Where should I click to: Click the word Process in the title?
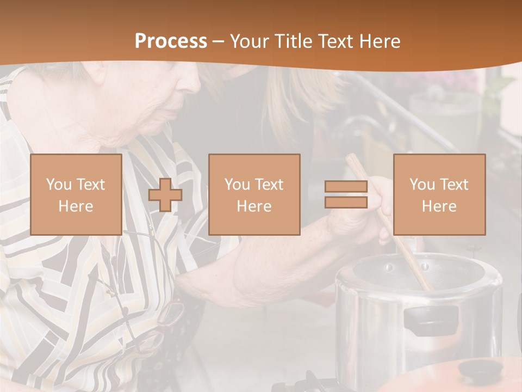coord(171,41)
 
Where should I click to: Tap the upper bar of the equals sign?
coord(346,187)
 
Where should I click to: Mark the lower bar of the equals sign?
coord(346,203)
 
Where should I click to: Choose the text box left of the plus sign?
coord(76,194)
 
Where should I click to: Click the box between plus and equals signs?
coord(254,194)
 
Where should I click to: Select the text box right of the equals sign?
coord(439,194)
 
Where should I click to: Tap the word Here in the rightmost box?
coord(439,206)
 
